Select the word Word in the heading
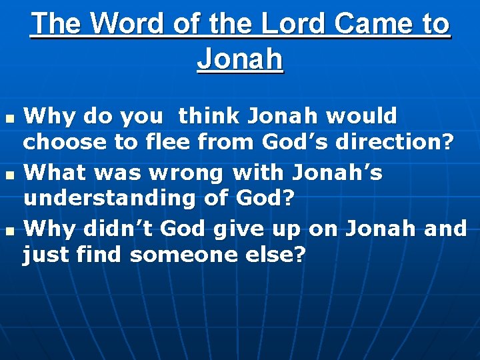[126, 24]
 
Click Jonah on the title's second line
[240, 59]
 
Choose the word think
[208, 117]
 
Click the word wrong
[195, 173]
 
